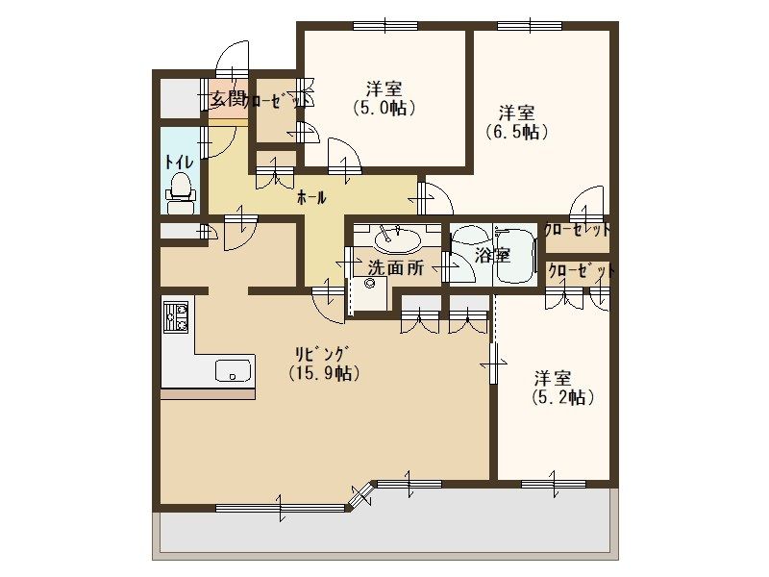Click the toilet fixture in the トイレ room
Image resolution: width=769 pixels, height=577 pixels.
point(181,193)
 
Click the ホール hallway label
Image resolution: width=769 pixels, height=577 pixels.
point(311,198)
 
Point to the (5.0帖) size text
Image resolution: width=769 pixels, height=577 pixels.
point(384,108)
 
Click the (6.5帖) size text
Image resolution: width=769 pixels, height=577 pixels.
point(516,132)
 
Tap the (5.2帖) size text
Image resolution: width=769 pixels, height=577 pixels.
point(563,397)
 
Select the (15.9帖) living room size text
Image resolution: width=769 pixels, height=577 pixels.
point(324,373)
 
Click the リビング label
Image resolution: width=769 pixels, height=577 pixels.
point(322,354)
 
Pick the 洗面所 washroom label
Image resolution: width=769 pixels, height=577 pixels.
point(396,268)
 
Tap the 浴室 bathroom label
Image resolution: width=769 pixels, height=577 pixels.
point(492,255)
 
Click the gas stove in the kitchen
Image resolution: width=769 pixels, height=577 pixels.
point(176,317)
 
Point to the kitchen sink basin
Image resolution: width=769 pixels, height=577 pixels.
point(233,370)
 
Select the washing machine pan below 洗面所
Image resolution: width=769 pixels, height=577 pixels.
point(369,293)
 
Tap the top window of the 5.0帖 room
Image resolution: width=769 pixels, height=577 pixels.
point(385,26)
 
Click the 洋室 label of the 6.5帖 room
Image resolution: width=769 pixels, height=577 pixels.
point(516,113)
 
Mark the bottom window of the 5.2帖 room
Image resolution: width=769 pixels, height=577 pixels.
point(554,485)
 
